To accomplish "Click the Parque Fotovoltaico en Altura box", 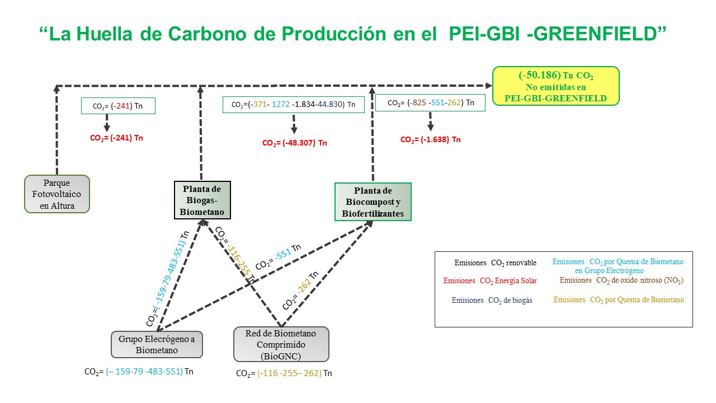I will (x=57, y=194).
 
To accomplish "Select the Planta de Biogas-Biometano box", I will (x=202, y=200).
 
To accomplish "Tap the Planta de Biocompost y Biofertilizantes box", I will (x=373, y=201).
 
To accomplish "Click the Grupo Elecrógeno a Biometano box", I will (x=157, y=344).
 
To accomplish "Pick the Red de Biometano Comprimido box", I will (x=280, y=344).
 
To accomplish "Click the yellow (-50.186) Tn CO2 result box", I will (x=555, y=86).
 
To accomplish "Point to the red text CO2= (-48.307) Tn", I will (x=294, y=143).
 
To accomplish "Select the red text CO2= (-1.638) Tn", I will (x=430, y=140).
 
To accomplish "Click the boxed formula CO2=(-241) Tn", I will (x=117, y=106).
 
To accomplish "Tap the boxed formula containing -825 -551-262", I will (x=430, y=103).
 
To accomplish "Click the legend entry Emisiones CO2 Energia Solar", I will (x=489, y=280).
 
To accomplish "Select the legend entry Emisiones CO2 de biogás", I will (x=492, y=300).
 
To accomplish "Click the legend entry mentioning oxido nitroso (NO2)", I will (x=621, y=280).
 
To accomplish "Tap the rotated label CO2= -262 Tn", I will (x=301, y=289).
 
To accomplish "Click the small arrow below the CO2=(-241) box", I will (x=106, y=124).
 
